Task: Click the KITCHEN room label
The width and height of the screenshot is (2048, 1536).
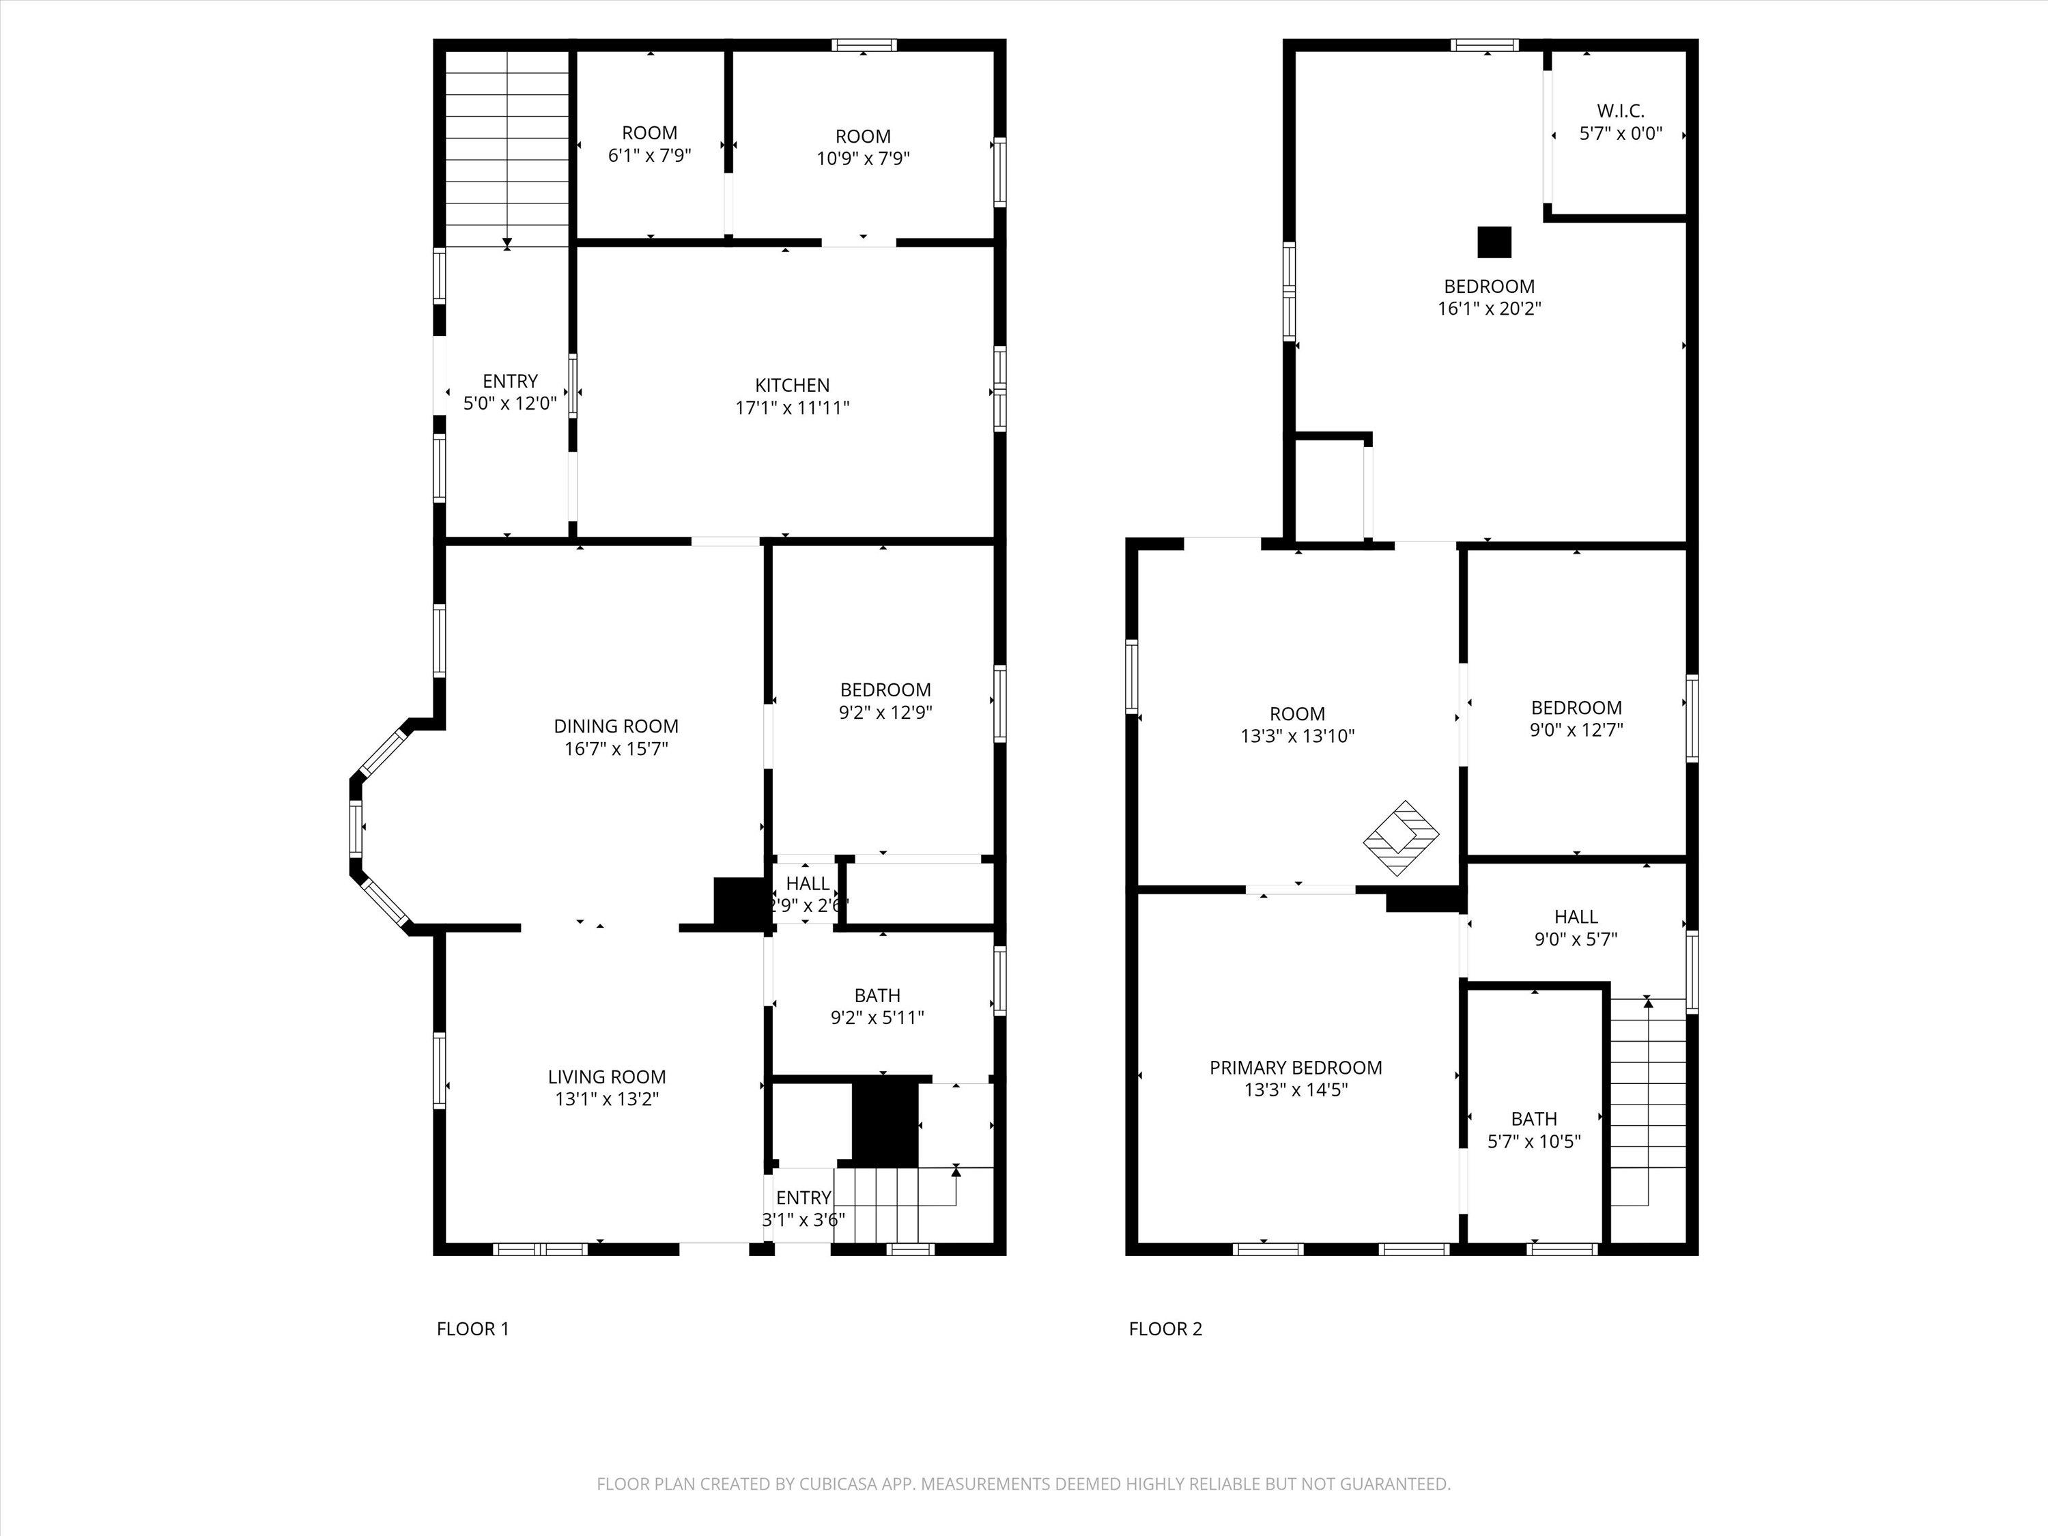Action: tap(792, 385)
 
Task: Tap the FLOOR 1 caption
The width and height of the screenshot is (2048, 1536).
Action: tap(472, 1328)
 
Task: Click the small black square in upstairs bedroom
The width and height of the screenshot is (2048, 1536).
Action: tap(1494, 242)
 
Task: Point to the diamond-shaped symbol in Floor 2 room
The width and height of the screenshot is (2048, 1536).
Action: tap(1402, 838)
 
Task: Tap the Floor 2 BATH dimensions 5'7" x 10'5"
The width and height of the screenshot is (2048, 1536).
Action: tap(1534, 1141)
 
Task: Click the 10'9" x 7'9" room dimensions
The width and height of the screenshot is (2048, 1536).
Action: tap(863, 158)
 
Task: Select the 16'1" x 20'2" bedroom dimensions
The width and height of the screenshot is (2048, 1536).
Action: tap(1489, 309)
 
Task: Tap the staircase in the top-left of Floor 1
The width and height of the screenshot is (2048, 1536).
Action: tap(507, 148)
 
